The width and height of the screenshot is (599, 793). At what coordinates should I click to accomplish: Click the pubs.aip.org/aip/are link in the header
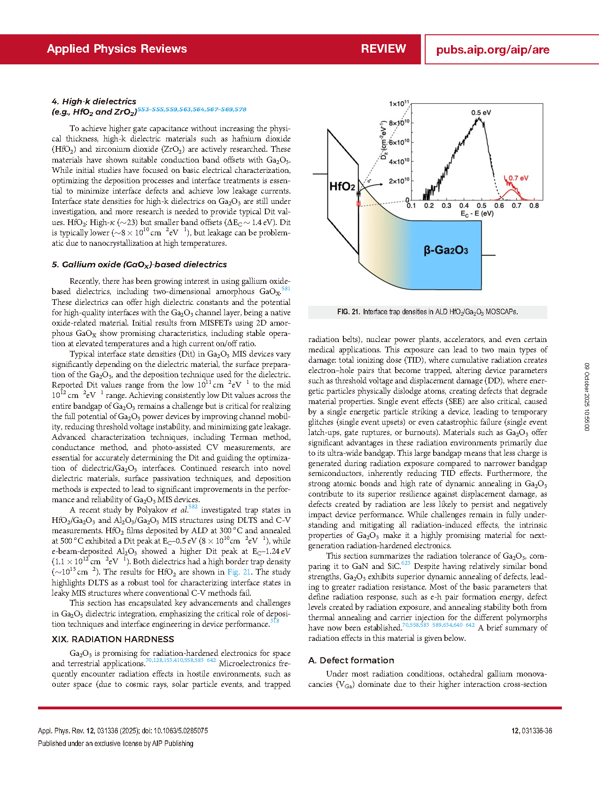tap(492, 50)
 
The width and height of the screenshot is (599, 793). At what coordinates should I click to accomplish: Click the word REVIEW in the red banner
tap(383, 49)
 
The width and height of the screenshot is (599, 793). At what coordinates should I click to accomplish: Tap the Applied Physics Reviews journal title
tap(117, 49)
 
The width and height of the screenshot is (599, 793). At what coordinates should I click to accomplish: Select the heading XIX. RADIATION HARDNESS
tap(113, 639)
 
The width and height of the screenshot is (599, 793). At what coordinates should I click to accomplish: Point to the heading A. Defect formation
tap(351, 661)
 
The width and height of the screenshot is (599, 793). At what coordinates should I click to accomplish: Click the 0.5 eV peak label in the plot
tap(481, 113)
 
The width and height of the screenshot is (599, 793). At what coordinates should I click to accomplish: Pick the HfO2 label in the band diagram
tap(342, 187)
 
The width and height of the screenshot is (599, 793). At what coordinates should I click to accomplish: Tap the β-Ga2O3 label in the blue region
tap(446, 250)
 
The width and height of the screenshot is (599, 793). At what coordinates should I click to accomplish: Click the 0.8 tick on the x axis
tap(534, 206)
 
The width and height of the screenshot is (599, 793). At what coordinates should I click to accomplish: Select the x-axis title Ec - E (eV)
tap(477, 214)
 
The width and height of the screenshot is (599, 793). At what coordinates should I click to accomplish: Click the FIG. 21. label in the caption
tap(348, 312)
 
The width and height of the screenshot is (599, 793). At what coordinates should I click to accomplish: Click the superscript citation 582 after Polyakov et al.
tap(193, 507)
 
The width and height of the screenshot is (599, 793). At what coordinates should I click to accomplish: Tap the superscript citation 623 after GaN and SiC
tap(405, 563)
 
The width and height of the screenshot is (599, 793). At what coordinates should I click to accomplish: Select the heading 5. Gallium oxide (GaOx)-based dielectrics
tap(139, 264)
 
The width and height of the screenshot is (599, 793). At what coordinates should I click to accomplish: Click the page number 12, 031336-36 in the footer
tap(531, 731)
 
